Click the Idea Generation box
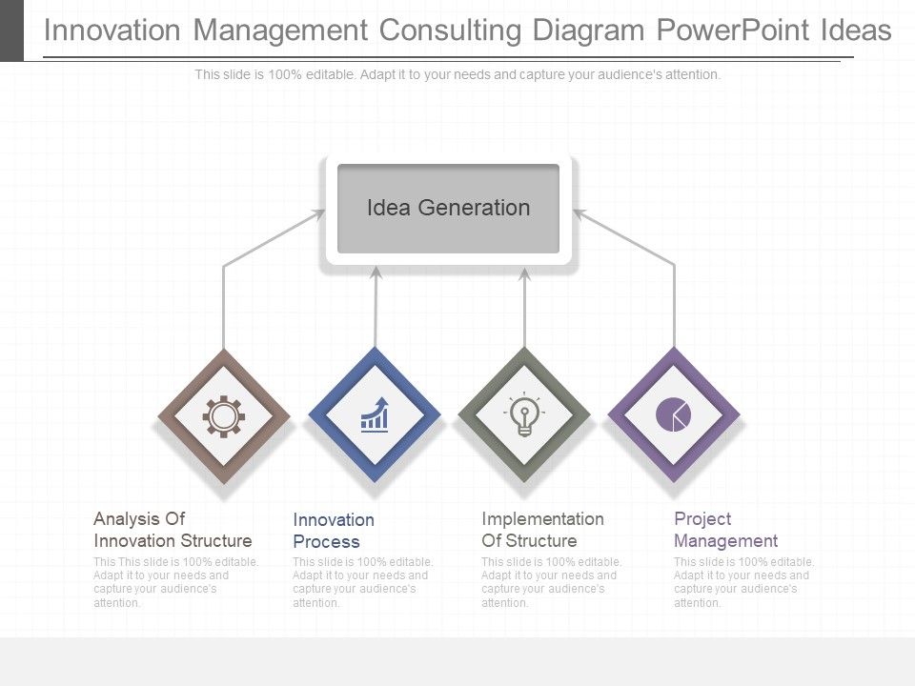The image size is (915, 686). point(448,209)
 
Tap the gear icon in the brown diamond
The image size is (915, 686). point(224,416)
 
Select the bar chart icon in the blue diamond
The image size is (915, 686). point(375,415)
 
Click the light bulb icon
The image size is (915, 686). point(524,415)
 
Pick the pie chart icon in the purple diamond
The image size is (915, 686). point(674,414)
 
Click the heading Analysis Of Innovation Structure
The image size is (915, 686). point(173,530)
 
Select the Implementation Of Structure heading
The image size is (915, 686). point(542,530)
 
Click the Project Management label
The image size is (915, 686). point(725,530)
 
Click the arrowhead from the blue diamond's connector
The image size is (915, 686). point(376,272)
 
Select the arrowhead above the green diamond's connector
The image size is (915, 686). point(524,274)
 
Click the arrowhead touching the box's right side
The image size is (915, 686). point(579,214)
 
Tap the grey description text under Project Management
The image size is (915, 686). point(743,582)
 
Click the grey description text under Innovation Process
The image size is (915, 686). point(362,582)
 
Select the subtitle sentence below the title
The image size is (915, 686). point(457,74)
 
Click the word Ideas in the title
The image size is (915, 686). point(855,30)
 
